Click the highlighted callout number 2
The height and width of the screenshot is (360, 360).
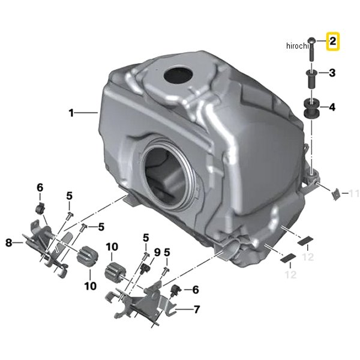point(332,41)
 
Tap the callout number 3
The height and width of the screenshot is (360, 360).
point(332,73)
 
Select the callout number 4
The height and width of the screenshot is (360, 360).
point(332,107)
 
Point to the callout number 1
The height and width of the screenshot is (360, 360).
point(71,113)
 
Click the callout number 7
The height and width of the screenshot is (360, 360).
point(197,310)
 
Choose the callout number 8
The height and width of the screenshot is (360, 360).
point(9,242)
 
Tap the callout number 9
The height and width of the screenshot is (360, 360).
point(157,253)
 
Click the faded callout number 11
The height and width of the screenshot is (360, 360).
point(354,194)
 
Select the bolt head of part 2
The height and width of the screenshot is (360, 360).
point(312,41)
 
